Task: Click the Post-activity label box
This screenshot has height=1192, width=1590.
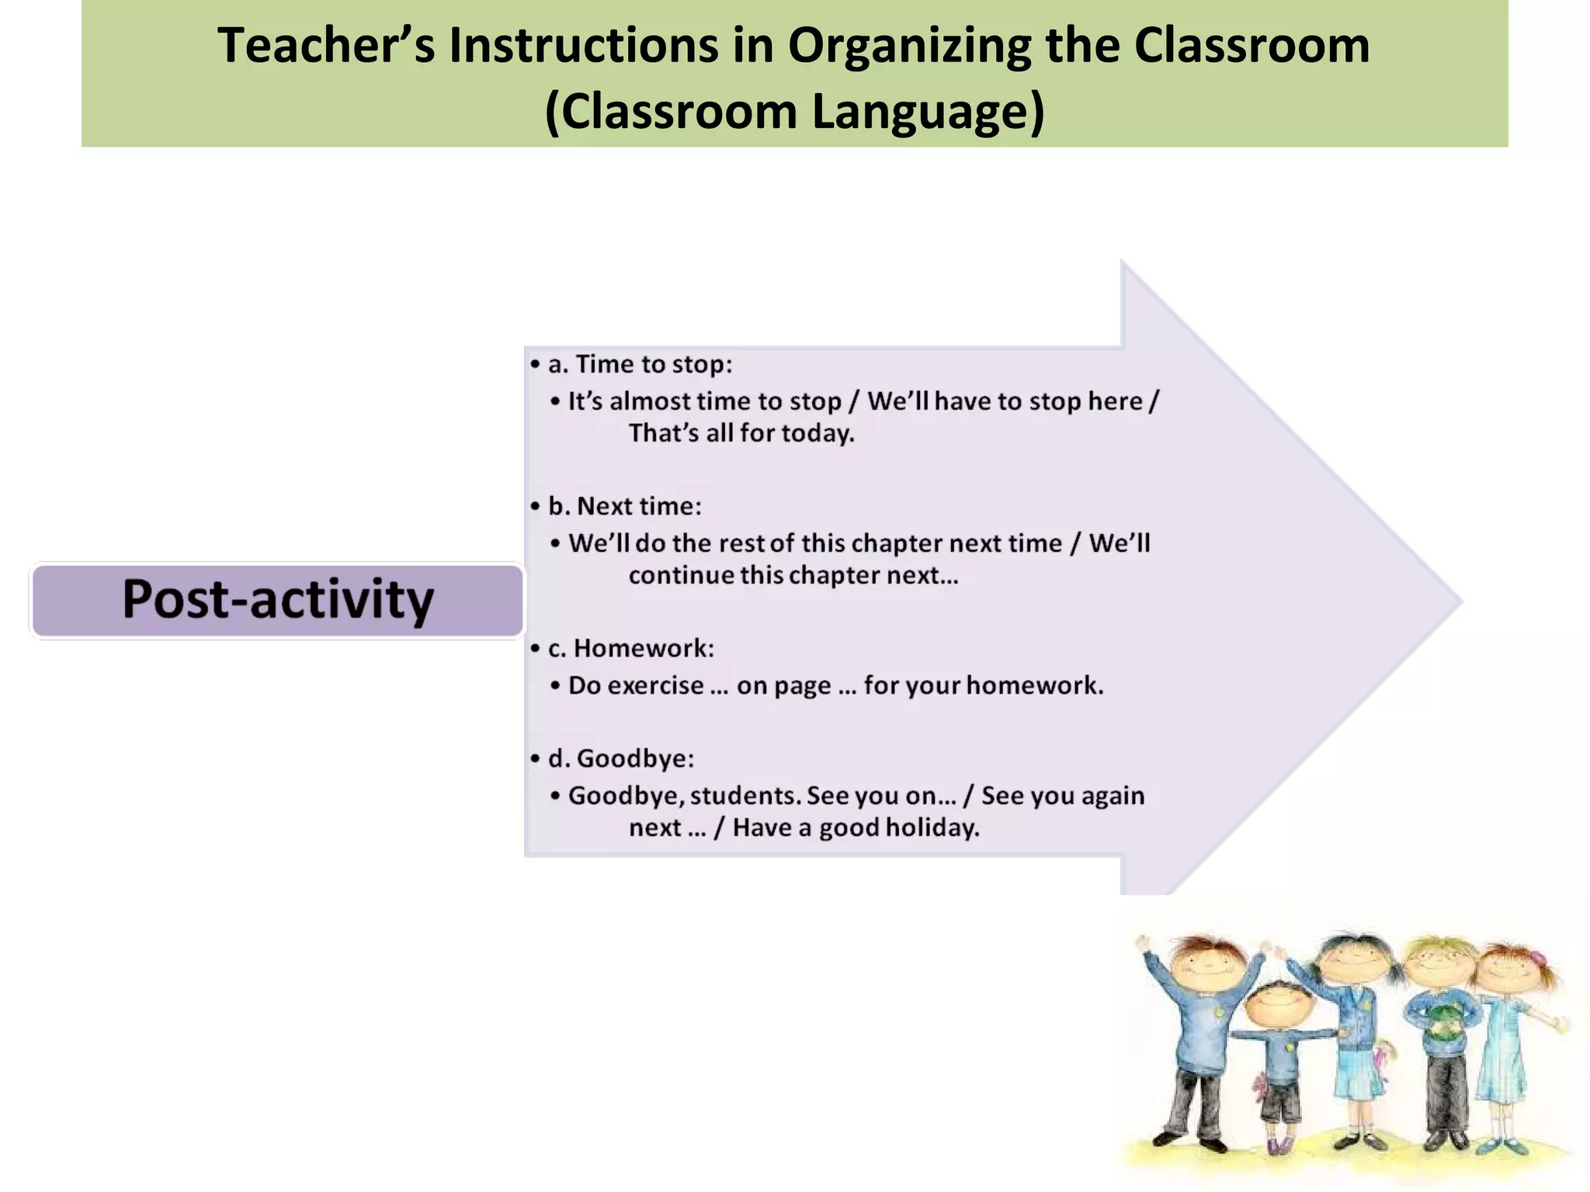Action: pos(277,600)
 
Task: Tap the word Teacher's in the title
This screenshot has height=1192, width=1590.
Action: pos(325,45)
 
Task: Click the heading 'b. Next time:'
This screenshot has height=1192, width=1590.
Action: pos(624,506)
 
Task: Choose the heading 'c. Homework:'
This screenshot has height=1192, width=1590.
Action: pos(630,648)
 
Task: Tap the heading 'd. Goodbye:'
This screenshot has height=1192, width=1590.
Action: pos(620,758)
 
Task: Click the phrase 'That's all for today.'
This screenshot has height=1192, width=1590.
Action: pos(741,433)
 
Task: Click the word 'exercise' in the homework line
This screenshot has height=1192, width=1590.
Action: pos(655,685)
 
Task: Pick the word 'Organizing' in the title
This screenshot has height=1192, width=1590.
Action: pos(908,45)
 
